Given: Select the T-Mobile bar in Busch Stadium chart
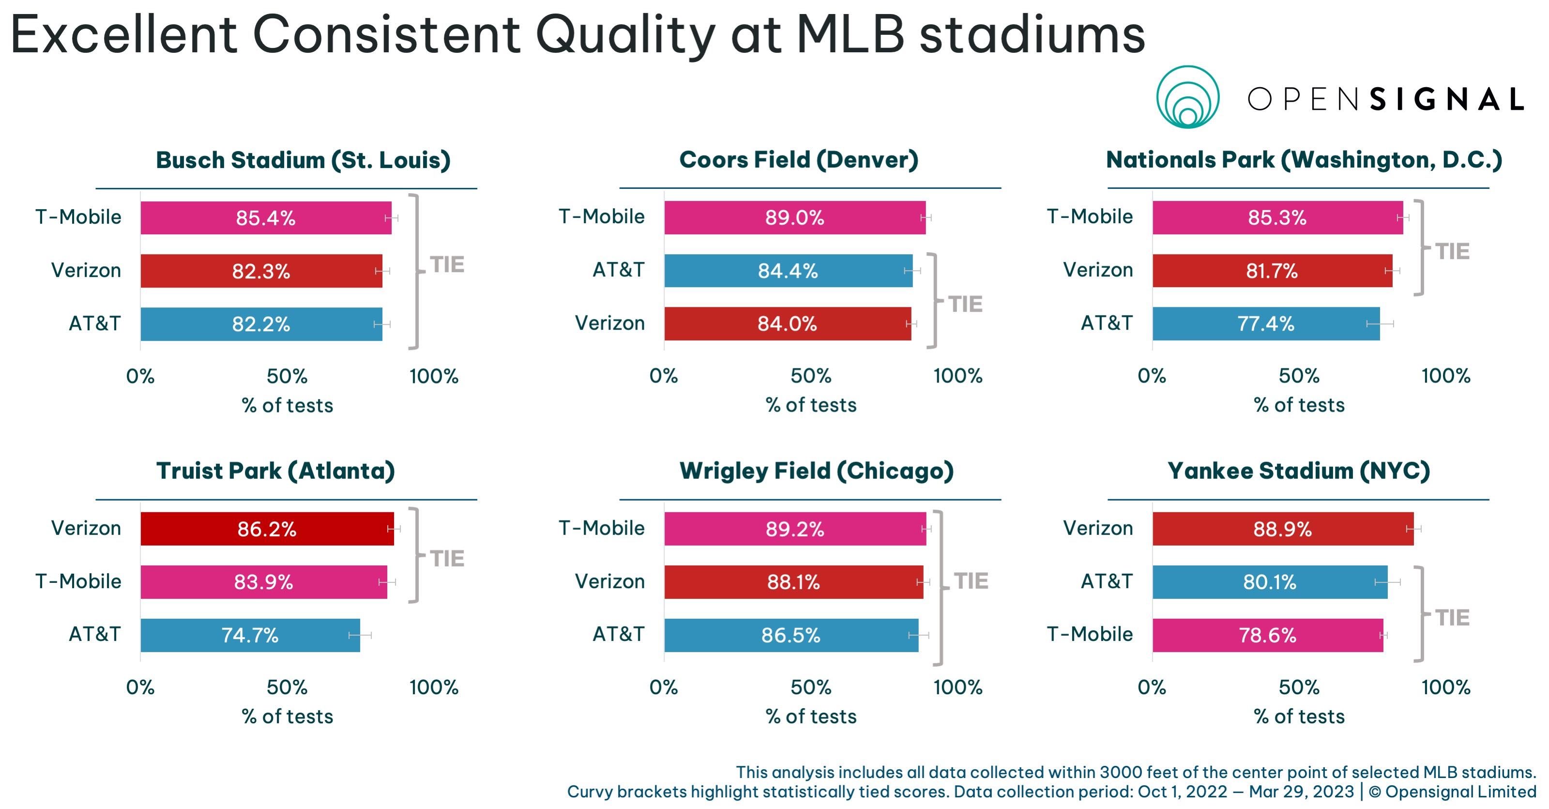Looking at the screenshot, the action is pos(266,218).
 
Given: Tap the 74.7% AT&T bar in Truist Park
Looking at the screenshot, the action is pos(250,635).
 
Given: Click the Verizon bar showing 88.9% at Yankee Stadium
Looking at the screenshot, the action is pos(1283,529).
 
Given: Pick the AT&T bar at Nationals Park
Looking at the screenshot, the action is pos(1266,323).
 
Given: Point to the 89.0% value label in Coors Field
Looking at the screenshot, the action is pos(794,218).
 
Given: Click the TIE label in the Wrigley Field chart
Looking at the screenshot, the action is pos(971,581).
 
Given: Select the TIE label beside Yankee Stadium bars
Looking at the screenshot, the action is pos(1452,618).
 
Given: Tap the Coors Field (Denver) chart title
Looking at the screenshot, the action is pos(799,160).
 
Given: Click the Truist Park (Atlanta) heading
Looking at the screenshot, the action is pos(275,471).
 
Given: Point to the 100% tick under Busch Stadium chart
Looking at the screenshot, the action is pos(434,377).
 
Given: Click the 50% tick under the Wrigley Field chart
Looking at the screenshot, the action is pos(811,687).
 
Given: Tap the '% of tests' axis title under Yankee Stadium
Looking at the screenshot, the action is pos(1299,717).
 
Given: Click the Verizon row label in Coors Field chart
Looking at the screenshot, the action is pos(610,323).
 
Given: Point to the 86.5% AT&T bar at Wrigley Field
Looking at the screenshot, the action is pos(791,635).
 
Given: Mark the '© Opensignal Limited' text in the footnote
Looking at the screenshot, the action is pos(1452,792).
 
